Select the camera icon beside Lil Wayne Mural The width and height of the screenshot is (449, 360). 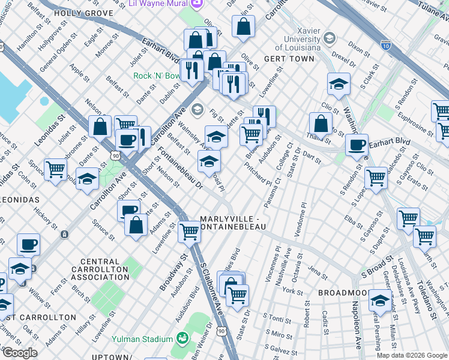coord(196,3)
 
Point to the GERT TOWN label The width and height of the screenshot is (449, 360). coord(289,59)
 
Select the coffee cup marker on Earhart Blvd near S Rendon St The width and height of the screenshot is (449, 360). coord(357,145)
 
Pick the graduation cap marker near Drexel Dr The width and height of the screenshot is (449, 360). coord(339,85)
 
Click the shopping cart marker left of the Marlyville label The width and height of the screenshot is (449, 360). coord(190,230)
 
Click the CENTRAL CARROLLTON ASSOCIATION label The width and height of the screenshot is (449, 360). coord(95,269)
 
